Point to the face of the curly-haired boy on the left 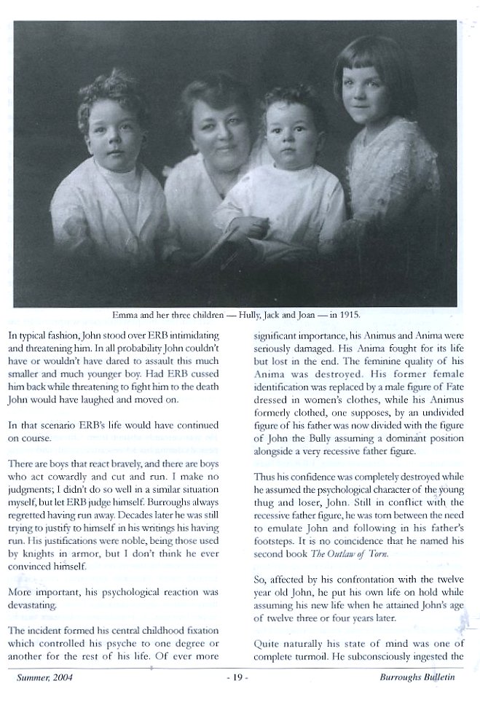click(118, 135)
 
